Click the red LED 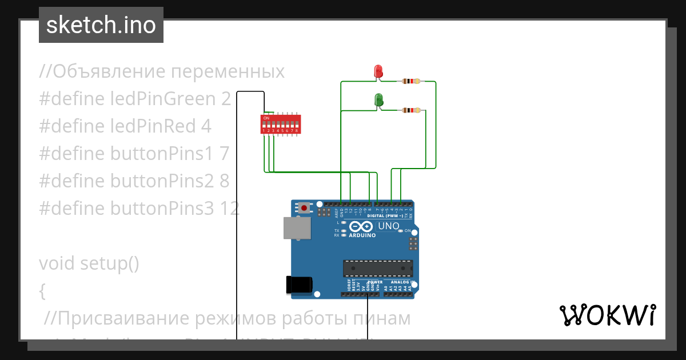coord(378,71)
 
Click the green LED coord(378,101)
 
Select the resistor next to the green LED coord(411,110)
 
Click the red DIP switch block coord(280,123)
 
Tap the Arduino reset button coord(304,207)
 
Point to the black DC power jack coord(299,284)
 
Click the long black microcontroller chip coord(378,268)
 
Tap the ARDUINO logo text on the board coord(362,235)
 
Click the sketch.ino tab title coord(101,25)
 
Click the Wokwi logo coord(607,315)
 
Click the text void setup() coord(89,263)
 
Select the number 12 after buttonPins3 coord(229,209)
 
